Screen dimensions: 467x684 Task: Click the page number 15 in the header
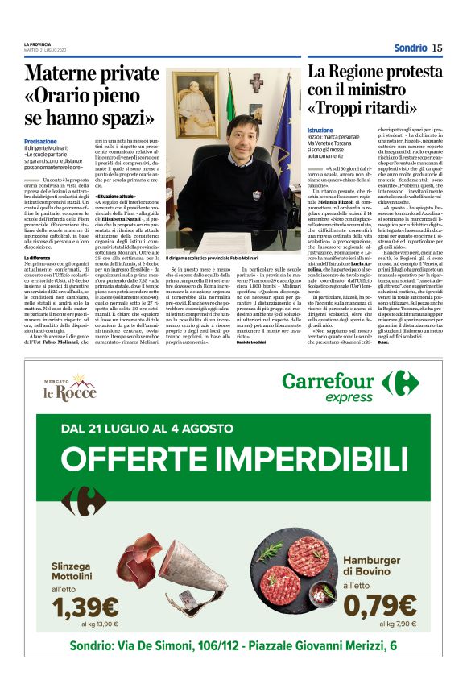(437, 48)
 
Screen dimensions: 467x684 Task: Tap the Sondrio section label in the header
(411, 48)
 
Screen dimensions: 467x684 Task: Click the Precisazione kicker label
(40, 142)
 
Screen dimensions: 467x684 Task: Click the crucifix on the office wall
(255, 84)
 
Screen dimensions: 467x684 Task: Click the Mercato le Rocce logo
(69, 388)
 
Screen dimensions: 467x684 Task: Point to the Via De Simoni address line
(233, 645)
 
